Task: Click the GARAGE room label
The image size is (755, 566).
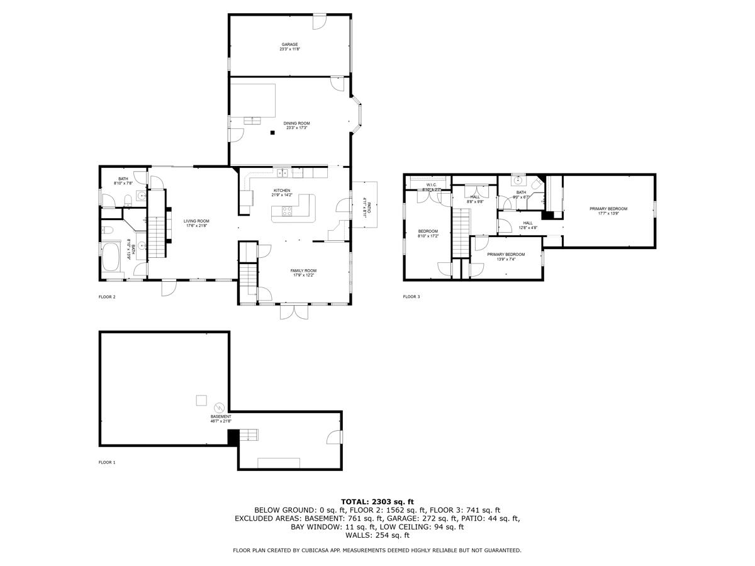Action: pyautogui.click(x=289, y=45)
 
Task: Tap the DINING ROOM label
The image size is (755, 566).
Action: pyautogui.click(x=296, y=123)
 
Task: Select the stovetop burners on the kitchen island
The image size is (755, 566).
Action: pyautogui.click(x=287, y=212)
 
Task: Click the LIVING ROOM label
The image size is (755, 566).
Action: pyautogui.click(x=196, y=221)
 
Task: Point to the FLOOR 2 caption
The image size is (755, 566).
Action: pyautogui.click(x=107, y=297)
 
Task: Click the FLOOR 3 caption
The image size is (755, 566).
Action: pyautogui.click(x=411, y=297)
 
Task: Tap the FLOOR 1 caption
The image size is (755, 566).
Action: pyautogui.click(x=107, y=462)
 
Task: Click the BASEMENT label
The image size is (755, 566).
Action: pyautogui.click(x=221, y=416)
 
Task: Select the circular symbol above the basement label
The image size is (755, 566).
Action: pyautogui.click(x=220, y=406)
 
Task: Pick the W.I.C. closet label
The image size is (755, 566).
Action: pyautogui.click(x=432, y=185)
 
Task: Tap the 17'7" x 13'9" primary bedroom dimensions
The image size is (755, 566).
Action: pyautogui.click(x=608, y=214)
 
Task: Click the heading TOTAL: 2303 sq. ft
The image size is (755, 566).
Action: pyautogui.click(x=377, y=501)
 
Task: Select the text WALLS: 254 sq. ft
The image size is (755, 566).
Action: pyautogui.click(x=377, y=535)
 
